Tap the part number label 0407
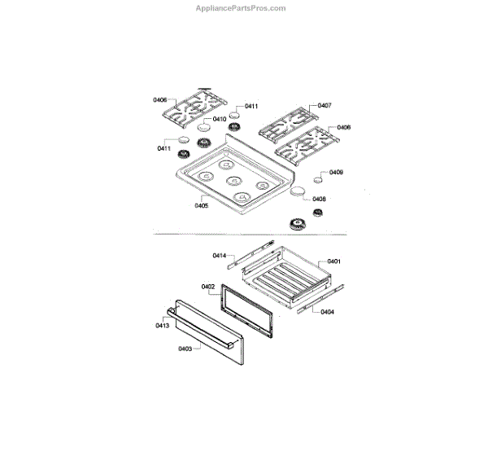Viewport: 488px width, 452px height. (325, 105)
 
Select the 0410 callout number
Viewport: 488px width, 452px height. (220, 119)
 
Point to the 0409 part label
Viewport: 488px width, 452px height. (337, 173)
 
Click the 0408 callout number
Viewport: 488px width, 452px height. (319, 199)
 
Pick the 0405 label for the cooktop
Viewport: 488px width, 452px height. (202, 206)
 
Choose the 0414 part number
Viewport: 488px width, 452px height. (219, 256)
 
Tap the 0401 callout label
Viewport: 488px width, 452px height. (333, 261)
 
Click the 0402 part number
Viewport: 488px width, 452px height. (207, 286)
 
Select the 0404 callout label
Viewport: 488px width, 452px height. (327, 312)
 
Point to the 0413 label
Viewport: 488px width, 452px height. (162, 325)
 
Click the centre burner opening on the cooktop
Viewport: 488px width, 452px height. (233, 181)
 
